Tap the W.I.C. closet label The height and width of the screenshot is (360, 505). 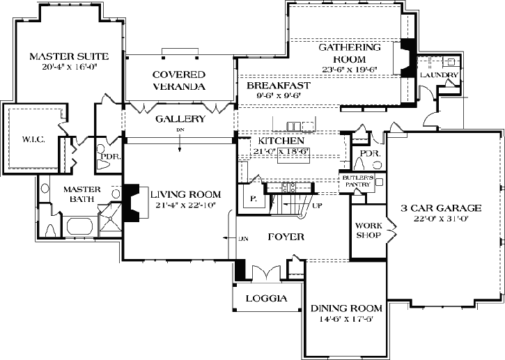point(33,140)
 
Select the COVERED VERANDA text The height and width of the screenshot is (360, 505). point(179,80)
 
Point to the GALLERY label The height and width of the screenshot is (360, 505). point(180,119)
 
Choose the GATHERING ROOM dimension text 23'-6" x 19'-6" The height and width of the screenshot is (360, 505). point(349,70)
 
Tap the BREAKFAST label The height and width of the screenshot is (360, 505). point(268,85)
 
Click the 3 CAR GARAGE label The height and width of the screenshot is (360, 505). point(442,208)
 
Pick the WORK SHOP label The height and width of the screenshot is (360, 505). point(367,230)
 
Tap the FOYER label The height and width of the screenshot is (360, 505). point(286,237)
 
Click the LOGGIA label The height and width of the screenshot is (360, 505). point(267,298)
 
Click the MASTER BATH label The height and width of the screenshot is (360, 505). point(82,194)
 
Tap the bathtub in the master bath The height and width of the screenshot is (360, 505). point(81,227)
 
